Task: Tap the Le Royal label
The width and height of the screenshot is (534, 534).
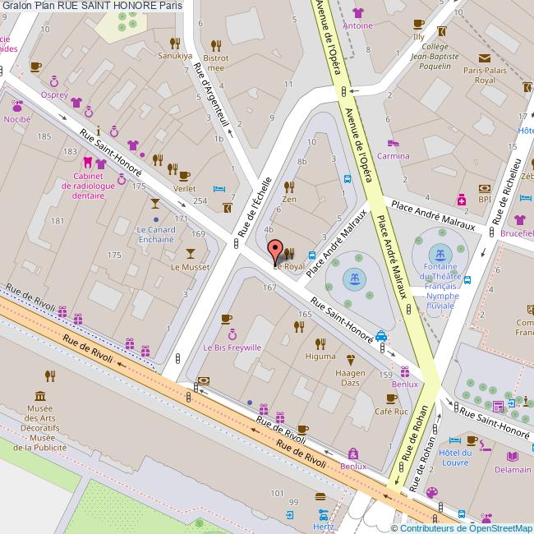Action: (x=288, y=267)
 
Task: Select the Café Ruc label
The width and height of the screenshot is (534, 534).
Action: (x=391, y=412)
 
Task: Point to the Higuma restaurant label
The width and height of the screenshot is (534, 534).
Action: (x=320, y=356)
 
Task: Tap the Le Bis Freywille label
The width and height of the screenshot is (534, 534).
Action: (x=233, y=348)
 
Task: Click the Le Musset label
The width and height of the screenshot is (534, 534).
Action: (x=191, y=267)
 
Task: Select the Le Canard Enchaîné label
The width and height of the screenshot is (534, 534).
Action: (x=155, y=235)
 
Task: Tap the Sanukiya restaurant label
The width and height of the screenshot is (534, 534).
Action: (x=174, y=57)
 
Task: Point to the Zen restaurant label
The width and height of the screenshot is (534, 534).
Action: (x=288, y=199)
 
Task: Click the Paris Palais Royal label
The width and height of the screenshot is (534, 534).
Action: (x=479, y=76)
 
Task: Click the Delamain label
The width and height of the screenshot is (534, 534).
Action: (x=513, y=469)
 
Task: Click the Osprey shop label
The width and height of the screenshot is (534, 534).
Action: (x=54, y=94)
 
